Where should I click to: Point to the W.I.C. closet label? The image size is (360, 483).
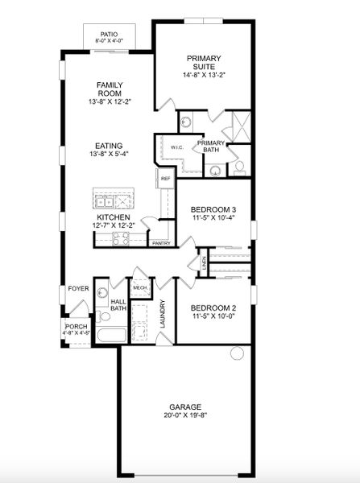point(177,147)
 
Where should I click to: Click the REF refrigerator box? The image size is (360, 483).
point(165,179)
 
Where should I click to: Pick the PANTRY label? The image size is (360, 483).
point(161,242)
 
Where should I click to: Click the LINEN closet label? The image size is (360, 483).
point(205,261)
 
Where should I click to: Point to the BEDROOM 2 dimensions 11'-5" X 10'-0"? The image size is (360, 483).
point(213,316)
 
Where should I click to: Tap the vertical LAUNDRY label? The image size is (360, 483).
point(163,314)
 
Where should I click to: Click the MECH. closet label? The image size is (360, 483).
point(139,287)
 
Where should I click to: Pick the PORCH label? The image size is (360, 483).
point(75,327)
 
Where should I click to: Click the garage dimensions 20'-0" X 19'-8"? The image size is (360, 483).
point(185,416)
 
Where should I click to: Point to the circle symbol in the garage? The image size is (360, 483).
point(236,353)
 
